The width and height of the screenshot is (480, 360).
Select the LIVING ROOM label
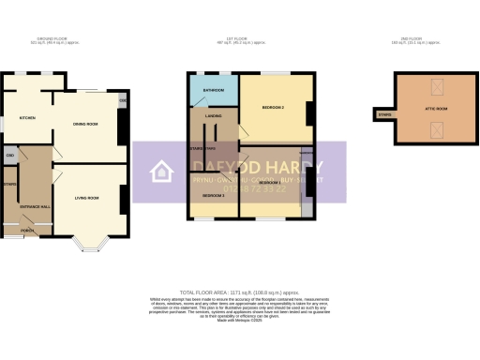(x=88, y=198)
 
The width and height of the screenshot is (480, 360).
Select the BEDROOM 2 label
(x=273, y=110)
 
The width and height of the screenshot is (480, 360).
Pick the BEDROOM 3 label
(x=213, y=196)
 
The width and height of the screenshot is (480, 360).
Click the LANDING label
(x=213, y=117)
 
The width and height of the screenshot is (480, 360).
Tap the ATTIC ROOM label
(x=436, y=109)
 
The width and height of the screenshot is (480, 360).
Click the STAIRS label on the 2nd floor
(x=384, y=114)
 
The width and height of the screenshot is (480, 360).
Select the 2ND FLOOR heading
(x=413, y=38)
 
